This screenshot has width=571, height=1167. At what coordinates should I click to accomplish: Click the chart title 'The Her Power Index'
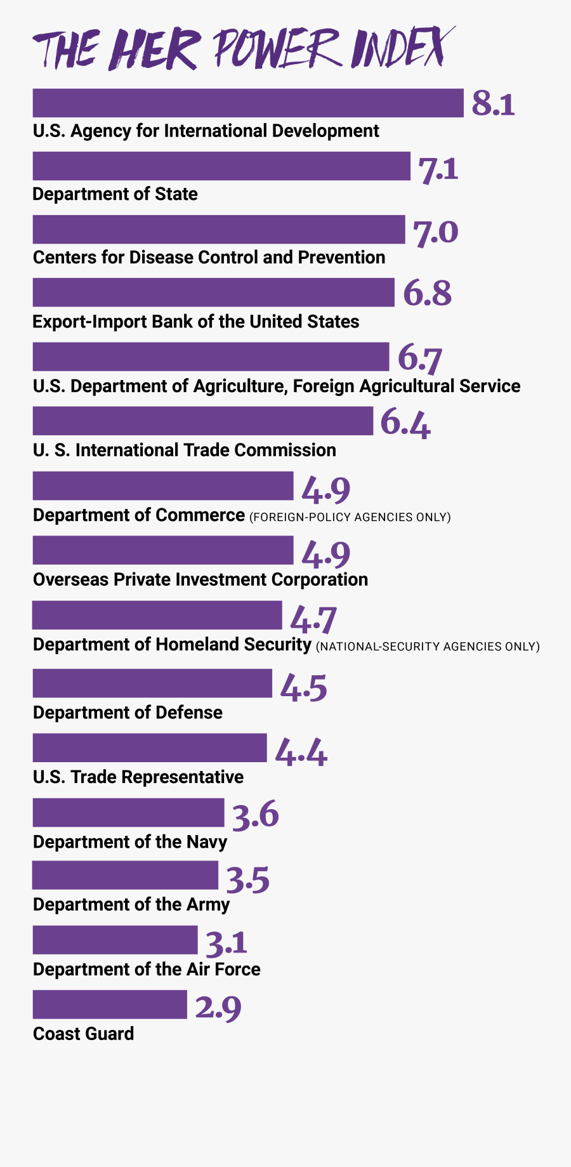coord(244,49)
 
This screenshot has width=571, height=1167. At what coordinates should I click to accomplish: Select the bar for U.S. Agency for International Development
coord(248,103)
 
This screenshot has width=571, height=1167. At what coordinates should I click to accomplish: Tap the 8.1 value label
coord(493,103)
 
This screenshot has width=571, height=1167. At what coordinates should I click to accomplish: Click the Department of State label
coord(115,194)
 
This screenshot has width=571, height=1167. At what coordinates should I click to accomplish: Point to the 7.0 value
coord(435,232)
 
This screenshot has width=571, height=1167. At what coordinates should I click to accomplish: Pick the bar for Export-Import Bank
coord(213,293)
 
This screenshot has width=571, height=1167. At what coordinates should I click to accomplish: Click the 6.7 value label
coord(419,358)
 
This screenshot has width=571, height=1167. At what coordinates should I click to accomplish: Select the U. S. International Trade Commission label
coord(184,451)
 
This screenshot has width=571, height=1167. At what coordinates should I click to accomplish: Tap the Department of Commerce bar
coord(163,486)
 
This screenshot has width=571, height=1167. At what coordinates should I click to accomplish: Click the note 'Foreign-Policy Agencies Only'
coord(350,517)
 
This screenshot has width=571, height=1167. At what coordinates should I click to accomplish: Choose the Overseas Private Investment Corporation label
coord(200,580)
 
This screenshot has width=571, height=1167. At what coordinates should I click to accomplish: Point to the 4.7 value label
coord(313,620)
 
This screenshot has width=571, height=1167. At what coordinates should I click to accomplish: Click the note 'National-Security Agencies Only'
coord(428,647)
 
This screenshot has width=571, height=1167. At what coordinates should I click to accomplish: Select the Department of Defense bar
coord(152,683)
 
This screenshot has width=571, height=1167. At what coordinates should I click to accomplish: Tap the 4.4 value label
coord(301,752)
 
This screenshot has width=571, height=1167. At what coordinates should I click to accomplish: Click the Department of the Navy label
coord(129,842)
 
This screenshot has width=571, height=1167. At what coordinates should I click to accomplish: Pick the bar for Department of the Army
coord(125,875)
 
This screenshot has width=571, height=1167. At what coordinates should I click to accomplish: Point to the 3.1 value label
coord(226,944)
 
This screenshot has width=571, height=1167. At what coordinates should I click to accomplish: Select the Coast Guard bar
coord(110,1005)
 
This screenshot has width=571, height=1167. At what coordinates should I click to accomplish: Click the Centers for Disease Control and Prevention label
coord(209,258)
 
